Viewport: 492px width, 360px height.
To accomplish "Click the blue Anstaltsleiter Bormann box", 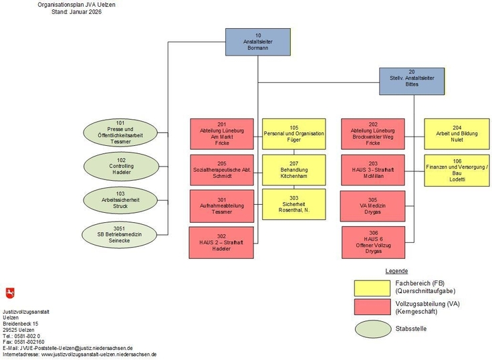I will (257, 41).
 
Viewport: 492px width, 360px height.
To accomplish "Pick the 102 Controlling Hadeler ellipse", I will (120, 166).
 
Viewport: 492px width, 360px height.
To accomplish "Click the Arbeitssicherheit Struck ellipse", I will (120, 200).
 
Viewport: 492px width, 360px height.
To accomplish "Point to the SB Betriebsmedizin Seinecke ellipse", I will (120, 235).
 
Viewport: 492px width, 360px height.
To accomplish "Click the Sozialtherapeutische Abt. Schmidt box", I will (222, 170).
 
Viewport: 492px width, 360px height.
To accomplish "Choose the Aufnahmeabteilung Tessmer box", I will (222, 205).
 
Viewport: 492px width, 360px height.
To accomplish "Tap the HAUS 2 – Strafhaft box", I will (222, 242).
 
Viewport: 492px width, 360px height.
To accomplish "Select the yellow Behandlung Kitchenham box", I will (293, 170).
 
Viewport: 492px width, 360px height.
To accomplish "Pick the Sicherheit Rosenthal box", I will (293, 205).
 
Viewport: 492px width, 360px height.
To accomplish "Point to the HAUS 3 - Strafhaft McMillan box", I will (373, 170).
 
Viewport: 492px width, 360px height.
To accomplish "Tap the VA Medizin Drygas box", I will (373, 206).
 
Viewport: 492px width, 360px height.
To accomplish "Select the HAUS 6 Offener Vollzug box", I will (373, 242).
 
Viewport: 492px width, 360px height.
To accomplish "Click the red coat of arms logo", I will (9, 293).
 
